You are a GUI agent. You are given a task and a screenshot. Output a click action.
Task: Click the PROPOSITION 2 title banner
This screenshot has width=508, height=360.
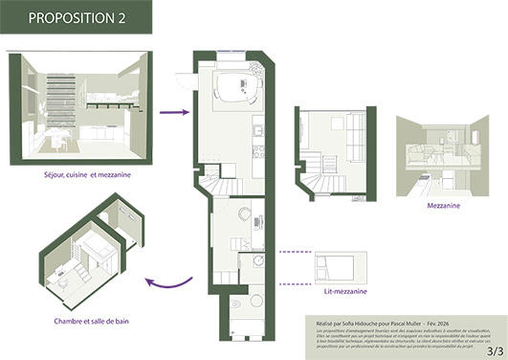click(x=76, y=17)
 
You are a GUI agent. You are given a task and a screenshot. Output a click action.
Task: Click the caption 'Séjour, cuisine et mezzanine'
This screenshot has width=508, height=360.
click(x=80, y=175)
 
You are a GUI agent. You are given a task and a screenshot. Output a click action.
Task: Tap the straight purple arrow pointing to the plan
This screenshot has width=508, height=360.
click(x=173, y=112)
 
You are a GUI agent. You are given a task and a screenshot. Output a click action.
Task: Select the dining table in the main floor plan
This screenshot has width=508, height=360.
click(x=233, y=89)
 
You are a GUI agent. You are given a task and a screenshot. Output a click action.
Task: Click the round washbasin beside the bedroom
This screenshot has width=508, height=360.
click(x=257, y=261)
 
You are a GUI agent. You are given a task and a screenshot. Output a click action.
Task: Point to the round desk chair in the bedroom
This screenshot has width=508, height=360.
click(x=244, y=214)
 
